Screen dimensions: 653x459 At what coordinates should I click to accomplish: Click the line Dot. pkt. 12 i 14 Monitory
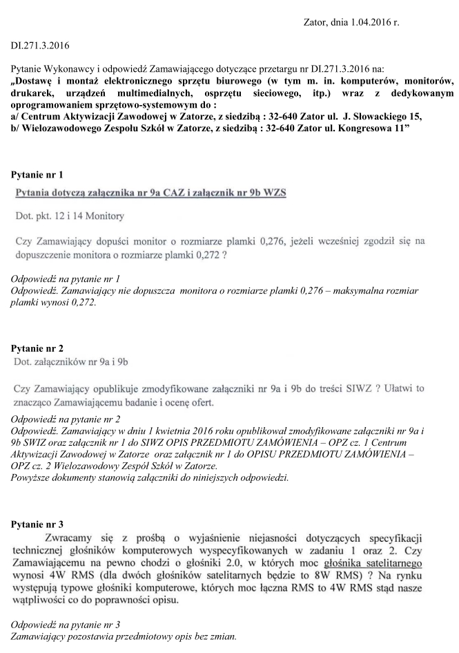coord(70,216)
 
